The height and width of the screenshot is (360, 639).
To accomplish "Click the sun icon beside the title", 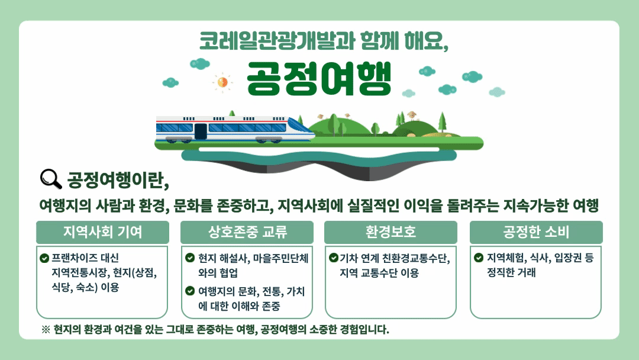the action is [x=222, y=82].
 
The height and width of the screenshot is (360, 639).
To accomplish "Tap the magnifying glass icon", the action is [x=51, y=179].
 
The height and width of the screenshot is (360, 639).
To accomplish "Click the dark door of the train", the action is [x=201, y=131].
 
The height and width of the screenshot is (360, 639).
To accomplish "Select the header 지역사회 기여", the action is [x=103, y=232].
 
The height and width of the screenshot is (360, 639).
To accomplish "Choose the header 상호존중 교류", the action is [x=247, y=232].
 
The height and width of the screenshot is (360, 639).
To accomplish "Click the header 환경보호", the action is [x=391, y=232].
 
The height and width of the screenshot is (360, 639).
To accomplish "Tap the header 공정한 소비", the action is [x=536, y=232].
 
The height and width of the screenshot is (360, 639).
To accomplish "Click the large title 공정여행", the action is [x=319, y=79].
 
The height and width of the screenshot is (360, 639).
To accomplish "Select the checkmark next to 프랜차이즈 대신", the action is [x=44, y=258].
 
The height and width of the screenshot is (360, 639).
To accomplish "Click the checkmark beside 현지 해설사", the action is [x=190, y=258].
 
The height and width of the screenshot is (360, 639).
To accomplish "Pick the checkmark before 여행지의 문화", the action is [x=190, y=291].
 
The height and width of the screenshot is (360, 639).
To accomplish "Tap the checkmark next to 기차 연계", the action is [x=334, y=258].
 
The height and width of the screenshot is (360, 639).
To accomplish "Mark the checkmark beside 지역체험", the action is [x=479, y=258].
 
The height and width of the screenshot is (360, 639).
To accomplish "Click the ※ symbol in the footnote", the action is [x=46, y=329].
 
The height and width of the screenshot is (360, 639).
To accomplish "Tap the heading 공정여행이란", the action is [x=118, y=180].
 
